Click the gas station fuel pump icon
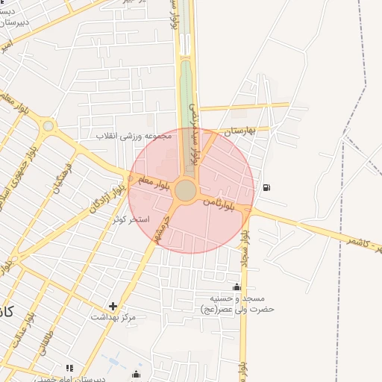click(x=267, y=187)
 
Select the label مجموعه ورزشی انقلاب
click(x=134, y=136)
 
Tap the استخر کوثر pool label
click(x=131, y=220)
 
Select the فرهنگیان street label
click(x=63, y=178)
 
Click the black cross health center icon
click(x=113, y=305)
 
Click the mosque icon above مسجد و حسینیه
click(x=237, y=287)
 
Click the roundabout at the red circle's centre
click(x=186, y=191)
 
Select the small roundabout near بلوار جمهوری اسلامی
click(x=48, y=126)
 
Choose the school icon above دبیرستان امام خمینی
click(x=69, y=368)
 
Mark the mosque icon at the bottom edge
click(x=136, y=374)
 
